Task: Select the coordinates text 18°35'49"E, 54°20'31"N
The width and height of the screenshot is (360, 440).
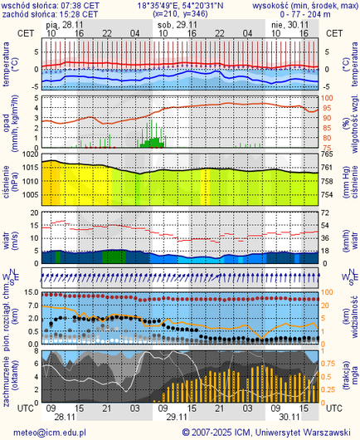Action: [x=181, y=5]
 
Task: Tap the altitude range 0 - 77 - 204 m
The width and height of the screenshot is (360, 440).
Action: [x=311, y=14]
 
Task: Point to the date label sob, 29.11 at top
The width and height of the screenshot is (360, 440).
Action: [x=179, y=25]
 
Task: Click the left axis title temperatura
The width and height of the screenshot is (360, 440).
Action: [x=7, y=66]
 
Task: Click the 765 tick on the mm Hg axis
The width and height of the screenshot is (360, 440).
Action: [x=328, y=155]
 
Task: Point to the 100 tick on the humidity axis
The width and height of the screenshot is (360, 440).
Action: [x=328, y=98]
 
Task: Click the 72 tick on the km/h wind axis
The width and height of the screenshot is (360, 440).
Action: [x=327, y=213]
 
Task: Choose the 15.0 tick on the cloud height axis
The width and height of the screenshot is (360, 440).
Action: [x=28, y=293]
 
